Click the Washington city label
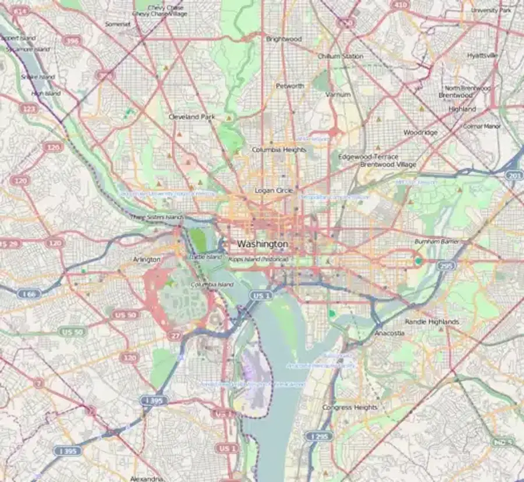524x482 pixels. pyautogui.click(x=262, y=243)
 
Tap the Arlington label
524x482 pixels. pyautogui.click(x=146, y=259)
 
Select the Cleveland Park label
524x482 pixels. pyautogui.click(x=192, y=116)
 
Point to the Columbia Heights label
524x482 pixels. pyautogui.click(x=279, y=150)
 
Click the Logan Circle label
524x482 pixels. pyautogui.click(x=274, y=190)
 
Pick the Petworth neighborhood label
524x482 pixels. pyautogui.click(x=290, y=86)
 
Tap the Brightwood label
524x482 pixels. pyautogui.click(x=284, y=39)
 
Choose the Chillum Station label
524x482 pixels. pyautogui.click(x=340, y=56)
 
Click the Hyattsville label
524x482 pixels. pyautogui.click(x=482, y=55)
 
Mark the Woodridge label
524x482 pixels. pyautogui.click(x=420, y=133)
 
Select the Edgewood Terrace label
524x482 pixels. pyautogui.click(x=368, y=157)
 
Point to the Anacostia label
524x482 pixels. pyautogui.click(x=389, y=334)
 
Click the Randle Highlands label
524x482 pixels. pyautogui.click(x=431, y=321)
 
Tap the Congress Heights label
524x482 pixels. pyautogui.click(x=349, y=407)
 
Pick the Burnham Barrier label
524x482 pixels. pyautogui.click(x=437, y=241)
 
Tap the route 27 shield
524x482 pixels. pyautogui.click(x=174, y=336)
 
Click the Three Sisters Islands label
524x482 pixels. pyautogui.click(x=156, y=217)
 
